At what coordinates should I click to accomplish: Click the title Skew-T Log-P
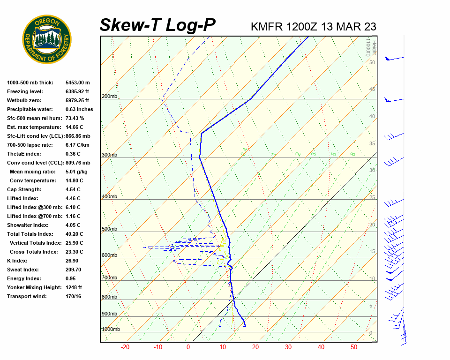coord(157,25)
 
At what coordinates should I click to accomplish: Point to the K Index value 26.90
coord(73,261)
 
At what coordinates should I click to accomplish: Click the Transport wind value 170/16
coord(74,296)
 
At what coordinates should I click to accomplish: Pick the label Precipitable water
coord(29,109)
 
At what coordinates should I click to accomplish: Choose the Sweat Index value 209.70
coord(74,270)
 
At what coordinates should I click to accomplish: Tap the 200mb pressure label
coord(109,97)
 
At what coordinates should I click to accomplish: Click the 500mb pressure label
coord(109,229)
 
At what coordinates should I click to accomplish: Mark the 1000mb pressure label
coord(111,330)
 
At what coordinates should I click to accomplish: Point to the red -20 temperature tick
coord(125,347)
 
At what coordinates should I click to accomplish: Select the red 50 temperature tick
coord(354,347)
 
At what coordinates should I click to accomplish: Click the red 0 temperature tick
coord(188,347)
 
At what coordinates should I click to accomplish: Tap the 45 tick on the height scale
coord(372,90)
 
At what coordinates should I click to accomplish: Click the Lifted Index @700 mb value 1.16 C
coord(73,216)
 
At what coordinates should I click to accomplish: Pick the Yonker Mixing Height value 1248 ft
coord(74,287)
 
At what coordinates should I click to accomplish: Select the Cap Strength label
coord(24,189)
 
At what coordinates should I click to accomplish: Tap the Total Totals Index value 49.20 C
coord(75,234)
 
